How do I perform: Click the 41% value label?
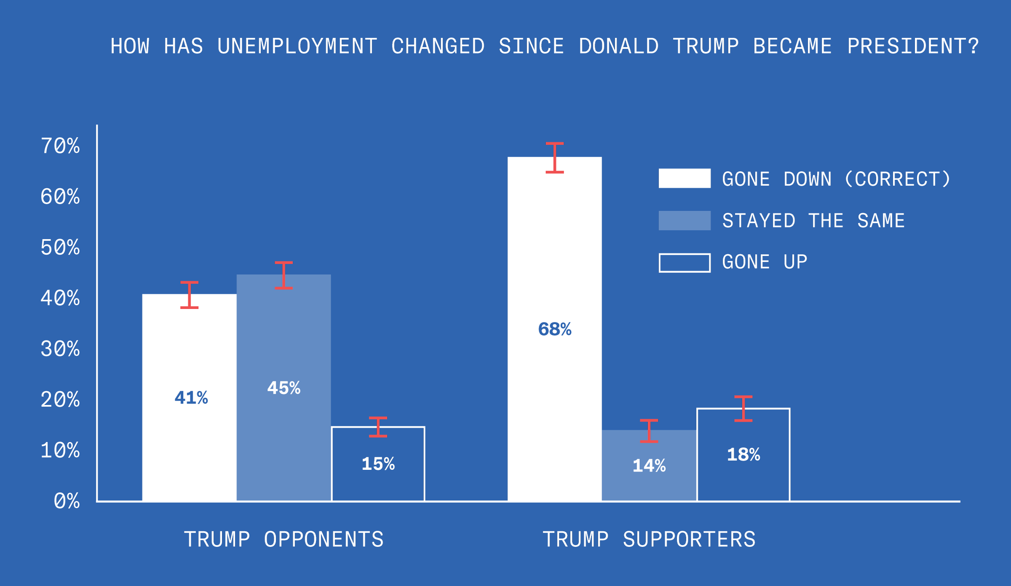(x=191, y=398)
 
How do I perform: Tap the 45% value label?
(x=284, y=388)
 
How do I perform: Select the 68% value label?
(x=555, y=329)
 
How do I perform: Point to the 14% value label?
(x=649, y=466)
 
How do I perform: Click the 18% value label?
(x=744, y=455)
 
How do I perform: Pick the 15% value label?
(x=378, y=464)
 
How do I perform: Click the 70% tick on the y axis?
(x=60, y=146)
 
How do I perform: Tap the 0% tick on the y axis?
(x=67, y=501)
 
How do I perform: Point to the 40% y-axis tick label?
(x=60, y=298)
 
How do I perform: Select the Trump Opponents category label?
(x=284, y=539)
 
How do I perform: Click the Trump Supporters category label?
(x=649, y=539)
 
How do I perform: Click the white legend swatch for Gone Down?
(x=685, y=178)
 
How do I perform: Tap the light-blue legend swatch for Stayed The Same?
(x=685, y=221)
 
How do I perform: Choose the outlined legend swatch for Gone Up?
(x=685, y=263)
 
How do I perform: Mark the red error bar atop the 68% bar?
(x=555, y=158)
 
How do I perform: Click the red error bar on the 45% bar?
(x=284, y=275)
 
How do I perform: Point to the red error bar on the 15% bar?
(x=378, y=427)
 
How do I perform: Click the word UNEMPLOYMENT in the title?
(x=297, y=46)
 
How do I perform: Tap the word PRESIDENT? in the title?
(x=913, y=46)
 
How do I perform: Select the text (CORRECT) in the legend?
(x=898, y=179)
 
